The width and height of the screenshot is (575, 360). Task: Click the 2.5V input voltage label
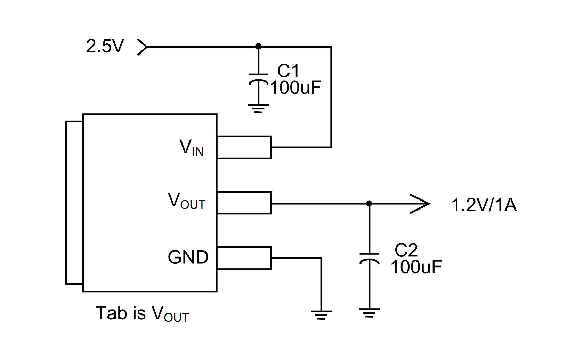[105, 46]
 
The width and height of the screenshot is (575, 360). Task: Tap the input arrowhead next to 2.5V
[142, 47]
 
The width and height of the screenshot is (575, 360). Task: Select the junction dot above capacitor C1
[258, 47]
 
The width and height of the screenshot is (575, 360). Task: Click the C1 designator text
[288, 71]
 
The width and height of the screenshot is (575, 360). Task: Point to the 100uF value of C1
[295, 88]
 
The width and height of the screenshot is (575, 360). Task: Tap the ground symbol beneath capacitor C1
[259, 108]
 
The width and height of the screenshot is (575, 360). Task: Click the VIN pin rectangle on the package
[244, 147]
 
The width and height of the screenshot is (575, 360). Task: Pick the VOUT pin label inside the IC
[187, 201]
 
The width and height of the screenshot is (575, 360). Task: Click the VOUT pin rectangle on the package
[244, 203]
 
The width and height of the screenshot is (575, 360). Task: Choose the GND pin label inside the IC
[188, 257]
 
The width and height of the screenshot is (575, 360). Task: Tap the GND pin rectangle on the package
[244, 258]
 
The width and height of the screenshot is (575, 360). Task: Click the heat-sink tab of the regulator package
[74, 203]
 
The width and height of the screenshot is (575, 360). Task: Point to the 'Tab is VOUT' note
[142, 313]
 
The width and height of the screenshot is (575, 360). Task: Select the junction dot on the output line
[369, 203]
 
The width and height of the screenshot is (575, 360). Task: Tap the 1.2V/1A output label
[484, 205]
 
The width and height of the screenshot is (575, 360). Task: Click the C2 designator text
[406, 250]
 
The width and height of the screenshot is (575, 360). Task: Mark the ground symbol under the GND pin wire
[321, 314]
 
